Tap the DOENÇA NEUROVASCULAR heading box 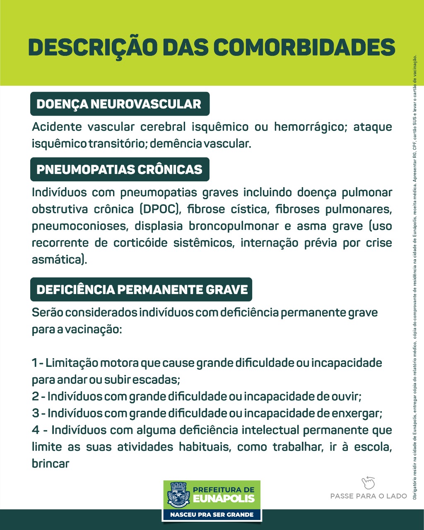[120, 104]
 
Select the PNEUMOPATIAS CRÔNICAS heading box [120, 169]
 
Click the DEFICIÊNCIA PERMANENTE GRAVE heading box [141, 289]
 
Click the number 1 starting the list [34, 363]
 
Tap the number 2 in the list [36, 396]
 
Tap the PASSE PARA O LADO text [369, 496]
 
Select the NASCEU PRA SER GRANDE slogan [212, 515]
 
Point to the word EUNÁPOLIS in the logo [224, 499]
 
